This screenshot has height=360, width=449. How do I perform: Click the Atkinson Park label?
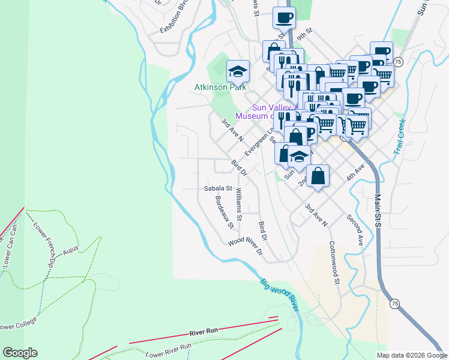220,87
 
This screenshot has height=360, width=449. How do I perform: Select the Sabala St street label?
217,188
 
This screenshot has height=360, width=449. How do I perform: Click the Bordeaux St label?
224,212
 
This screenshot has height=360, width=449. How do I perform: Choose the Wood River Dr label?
245,247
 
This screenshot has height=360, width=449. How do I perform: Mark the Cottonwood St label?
334,263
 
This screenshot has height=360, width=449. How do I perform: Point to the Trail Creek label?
400,137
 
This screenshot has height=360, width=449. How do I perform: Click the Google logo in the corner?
20,353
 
